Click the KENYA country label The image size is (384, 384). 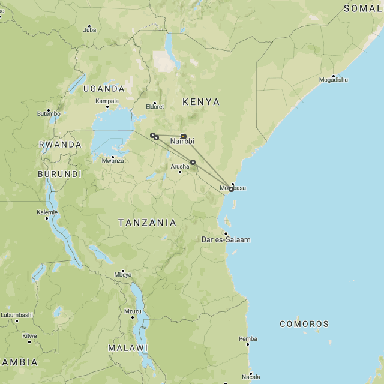[201, 102]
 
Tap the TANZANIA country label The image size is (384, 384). [148, 223]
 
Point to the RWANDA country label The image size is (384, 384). [60, 145]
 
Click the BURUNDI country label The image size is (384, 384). [59, 174]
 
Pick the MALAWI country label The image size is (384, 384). [128, 348]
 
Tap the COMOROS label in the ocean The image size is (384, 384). [304, 324]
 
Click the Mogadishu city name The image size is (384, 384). [334, 80]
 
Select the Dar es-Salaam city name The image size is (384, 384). [226, 239]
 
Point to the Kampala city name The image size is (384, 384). [107, 101]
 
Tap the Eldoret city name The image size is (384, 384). [154, 107]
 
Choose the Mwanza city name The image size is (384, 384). [112, 160]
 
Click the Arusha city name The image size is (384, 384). [179, 166]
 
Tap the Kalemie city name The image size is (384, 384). [47, 212]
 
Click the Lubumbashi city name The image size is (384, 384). [17, 315]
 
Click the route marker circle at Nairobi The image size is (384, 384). [183, 136]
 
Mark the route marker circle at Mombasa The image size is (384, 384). [231, 189]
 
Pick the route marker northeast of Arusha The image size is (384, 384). [193, 162]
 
